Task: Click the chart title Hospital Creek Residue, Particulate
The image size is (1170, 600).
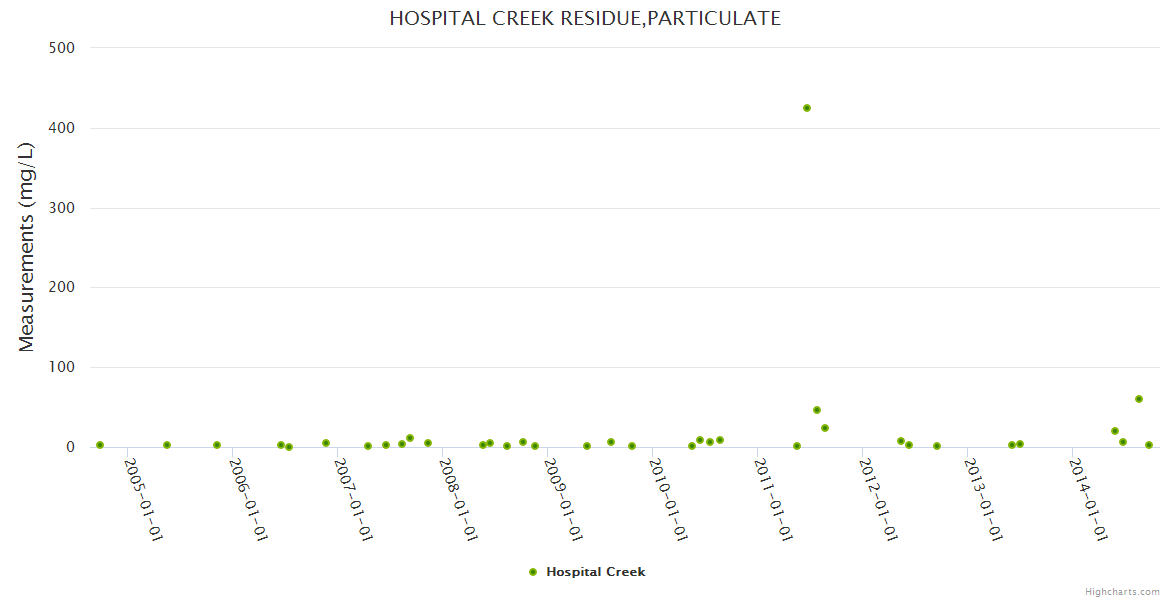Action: coord(585,18)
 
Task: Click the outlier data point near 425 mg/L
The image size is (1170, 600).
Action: coord(807,108)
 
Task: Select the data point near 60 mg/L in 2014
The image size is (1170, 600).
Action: coord(1139,399)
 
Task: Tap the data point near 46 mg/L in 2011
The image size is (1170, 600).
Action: coord(817,410)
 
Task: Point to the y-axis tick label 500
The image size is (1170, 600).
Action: coord(62,47)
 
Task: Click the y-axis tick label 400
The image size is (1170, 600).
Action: coord(62,128)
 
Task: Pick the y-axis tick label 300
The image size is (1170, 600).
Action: coord(62,208)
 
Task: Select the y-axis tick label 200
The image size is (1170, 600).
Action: coord(62,287)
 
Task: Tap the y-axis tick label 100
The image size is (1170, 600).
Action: coord(62,367)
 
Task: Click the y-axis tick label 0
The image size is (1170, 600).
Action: coord(70,447)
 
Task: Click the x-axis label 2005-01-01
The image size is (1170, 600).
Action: coord(143,500)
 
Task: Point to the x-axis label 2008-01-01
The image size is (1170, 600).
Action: coord(457,500)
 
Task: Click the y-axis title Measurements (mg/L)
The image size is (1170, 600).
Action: coord(27,247)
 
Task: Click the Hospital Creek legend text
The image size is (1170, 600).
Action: coord(596,572)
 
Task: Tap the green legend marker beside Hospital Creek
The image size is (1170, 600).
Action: coord(533,572)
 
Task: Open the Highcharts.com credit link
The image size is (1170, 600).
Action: coord(1122,592)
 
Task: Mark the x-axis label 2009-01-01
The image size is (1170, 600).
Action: coord(562,500)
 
